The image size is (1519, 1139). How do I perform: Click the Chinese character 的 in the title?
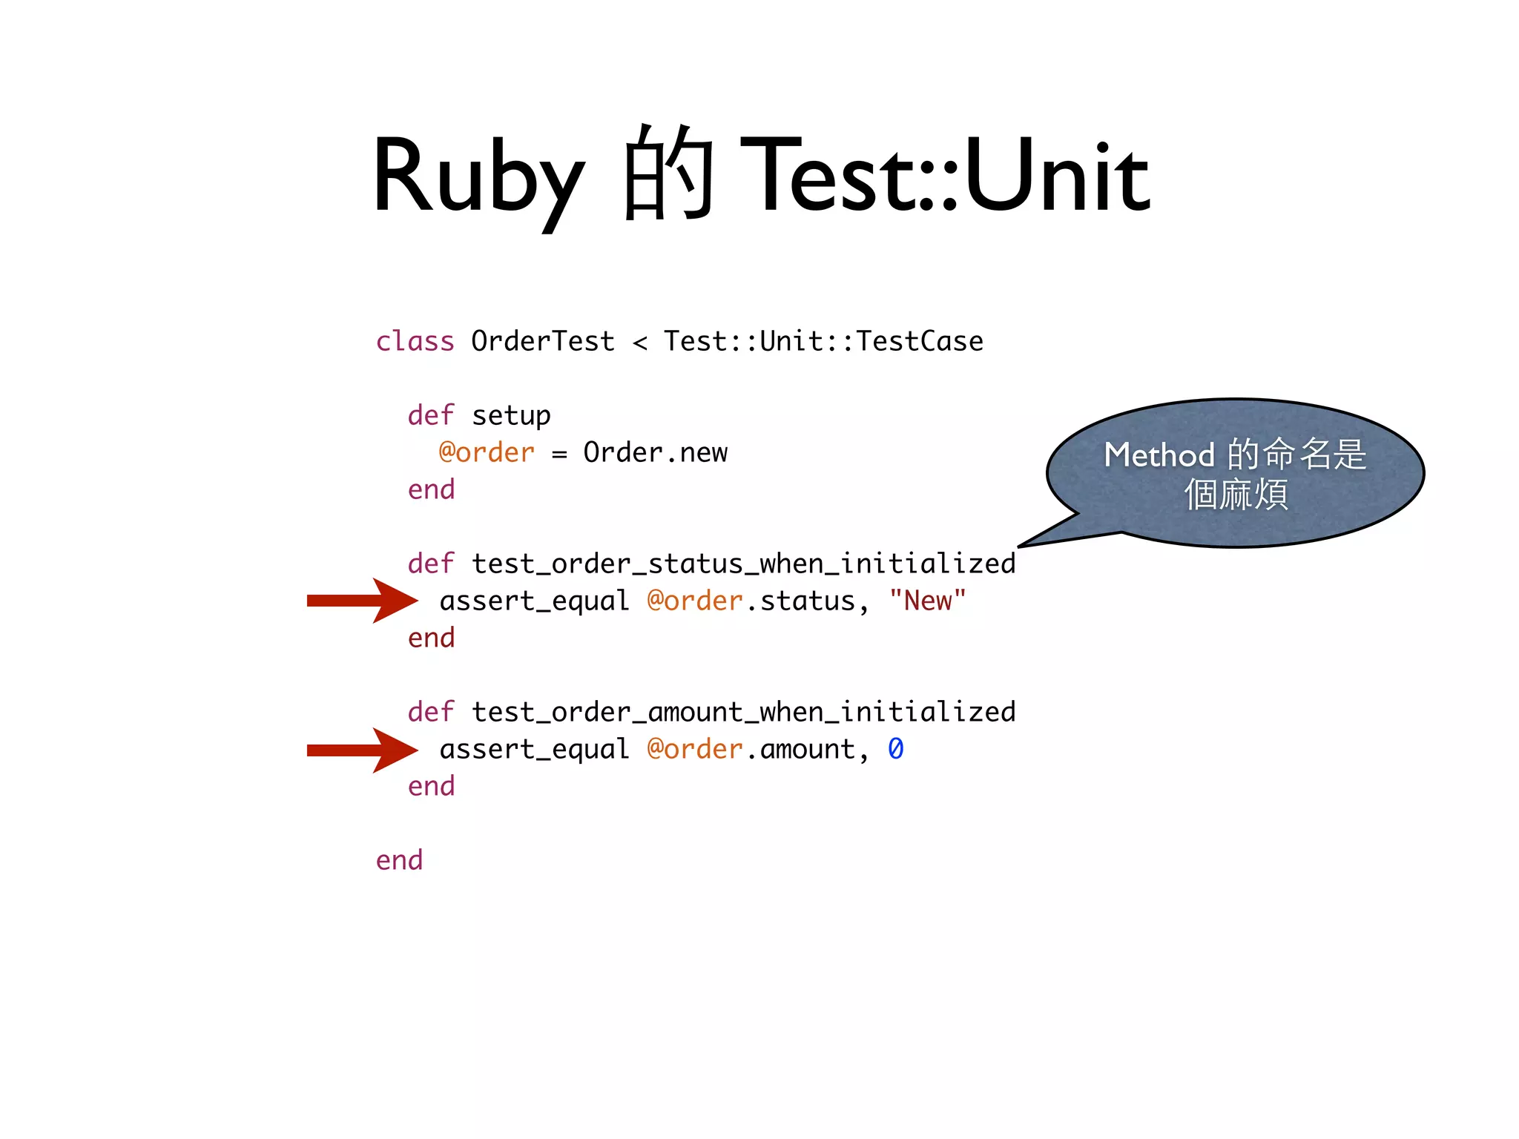click(x=668, y=174)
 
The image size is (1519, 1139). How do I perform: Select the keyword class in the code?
click(x=415, y=342)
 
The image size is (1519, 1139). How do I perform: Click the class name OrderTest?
click(x=543, y=342)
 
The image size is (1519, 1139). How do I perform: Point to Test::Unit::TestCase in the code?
click(x=823, y=342)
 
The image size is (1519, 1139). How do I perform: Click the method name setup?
click(x=511, y=416)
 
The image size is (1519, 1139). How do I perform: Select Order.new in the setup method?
click(x=655, y=452)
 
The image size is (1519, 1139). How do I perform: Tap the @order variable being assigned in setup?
click(x=487, y=452)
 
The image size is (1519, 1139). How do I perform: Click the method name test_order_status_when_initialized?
click(x=743, y=564)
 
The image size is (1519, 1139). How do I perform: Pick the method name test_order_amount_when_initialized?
click(x=743, y=713)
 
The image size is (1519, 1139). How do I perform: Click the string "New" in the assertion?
click(x=927, y=601)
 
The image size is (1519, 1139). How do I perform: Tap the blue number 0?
click(x=896, y=749)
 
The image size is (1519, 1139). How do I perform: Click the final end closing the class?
click(x=399, y=860)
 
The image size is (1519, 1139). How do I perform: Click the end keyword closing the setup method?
click(x=431, y=490)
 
